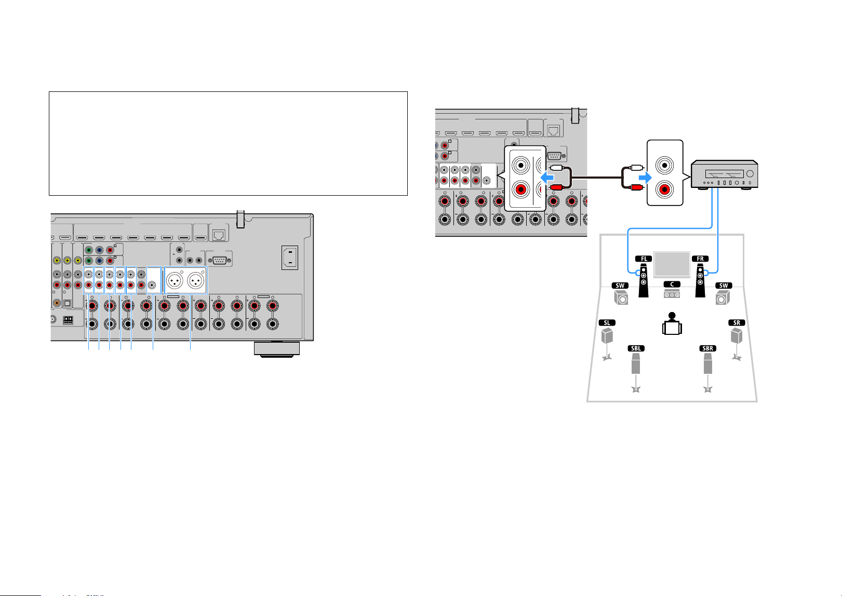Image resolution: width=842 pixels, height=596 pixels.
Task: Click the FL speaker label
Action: pyautogui.click(x=643, y=259)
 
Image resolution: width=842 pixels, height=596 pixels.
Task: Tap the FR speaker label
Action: pyautogui.click(x=700, y=259)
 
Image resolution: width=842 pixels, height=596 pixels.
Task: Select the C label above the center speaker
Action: pyautogui.click(x=672, y=284)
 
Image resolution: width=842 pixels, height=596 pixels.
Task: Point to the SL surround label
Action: pyautogui.click(x=607, y=322)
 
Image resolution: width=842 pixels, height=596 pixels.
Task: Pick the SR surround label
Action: pyautogui.click(x=737, y=322)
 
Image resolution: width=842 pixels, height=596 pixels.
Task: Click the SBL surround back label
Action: pyautogui.click(x=636, y=348)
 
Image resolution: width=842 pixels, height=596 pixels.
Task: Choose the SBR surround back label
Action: pyautogui.click(x=708, y=348)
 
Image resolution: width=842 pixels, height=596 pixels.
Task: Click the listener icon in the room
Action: pyautogui.click(x=672, y=323)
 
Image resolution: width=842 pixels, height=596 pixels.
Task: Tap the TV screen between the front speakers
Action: pyautogui.click(x=672, y=264)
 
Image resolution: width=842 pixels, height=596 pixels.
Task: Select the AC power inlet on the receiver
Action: pyautogui.click(x=290, y=258)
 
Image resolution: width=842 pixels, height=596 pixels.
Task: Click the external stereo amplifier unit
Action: pyautogui.click(x=724, y=175)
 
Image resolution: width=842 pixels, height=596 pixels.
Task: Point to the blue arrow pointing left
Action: pyautogui.click(x=547, y=177)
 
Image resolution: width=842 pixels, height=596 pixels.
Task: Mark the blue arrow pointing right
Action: pyautogui.click(x=645, y=177)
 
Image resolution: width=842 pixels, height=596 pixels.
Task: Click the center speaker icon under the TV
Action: pyautogui.click(x=672, y=293)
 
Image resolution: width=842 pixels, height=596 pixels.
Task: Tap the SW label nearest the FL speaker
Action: pyautogui.click(x=620, y=285)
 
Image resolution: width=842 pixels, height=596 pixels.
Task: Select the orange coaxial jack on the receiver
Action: pyautogui.click(x=57, y=303)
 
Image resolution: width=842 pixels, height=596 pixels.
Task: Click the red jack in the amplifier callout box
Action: pyautogui.click(x=664, y=189)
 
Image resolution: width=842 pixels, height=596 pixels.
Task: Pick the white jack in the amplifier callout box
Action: pyautogui.click(x=664, y=165)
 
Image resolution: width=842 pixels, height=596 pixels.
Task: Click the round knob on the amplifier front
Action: pyautogui.click(x=750, y=173)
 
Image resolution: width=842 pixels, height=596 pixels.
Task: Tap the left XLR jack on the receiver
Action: pyautogui.click(x=175, y=280)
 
